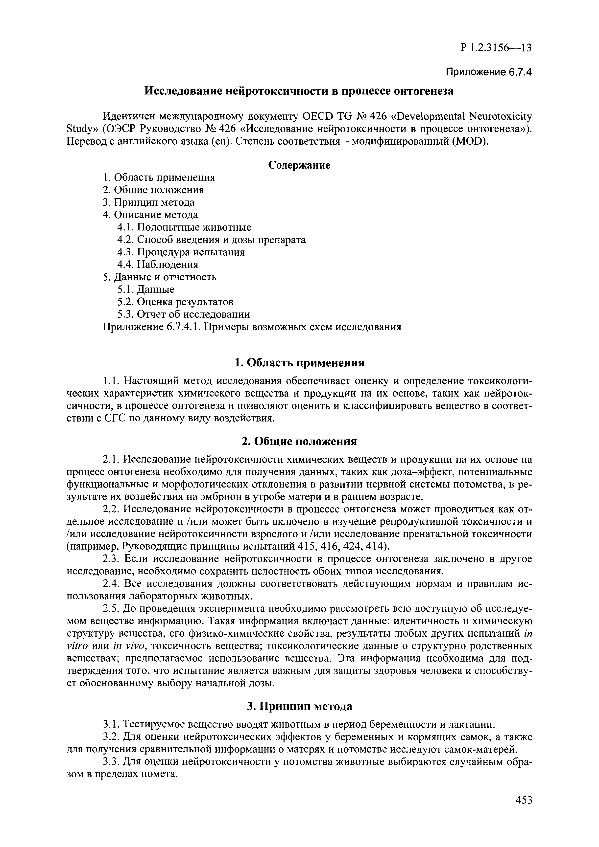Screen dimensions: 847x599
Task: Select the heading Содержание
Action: point(299,165)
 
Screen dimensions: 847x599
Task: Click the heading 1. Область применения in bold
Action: point(299,363)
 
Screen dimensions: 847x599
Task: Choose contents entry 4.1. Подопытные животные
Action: point(184,227)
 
